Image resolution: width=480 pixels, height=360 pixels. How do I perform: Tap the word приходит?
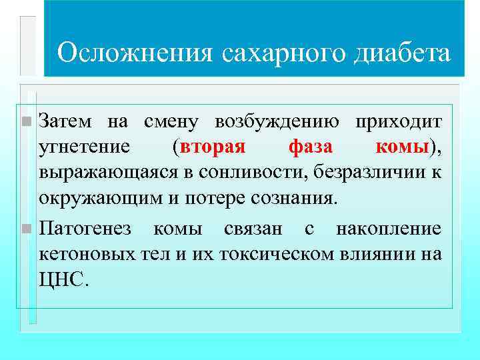pyautogui.click(x=398, y=121)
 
